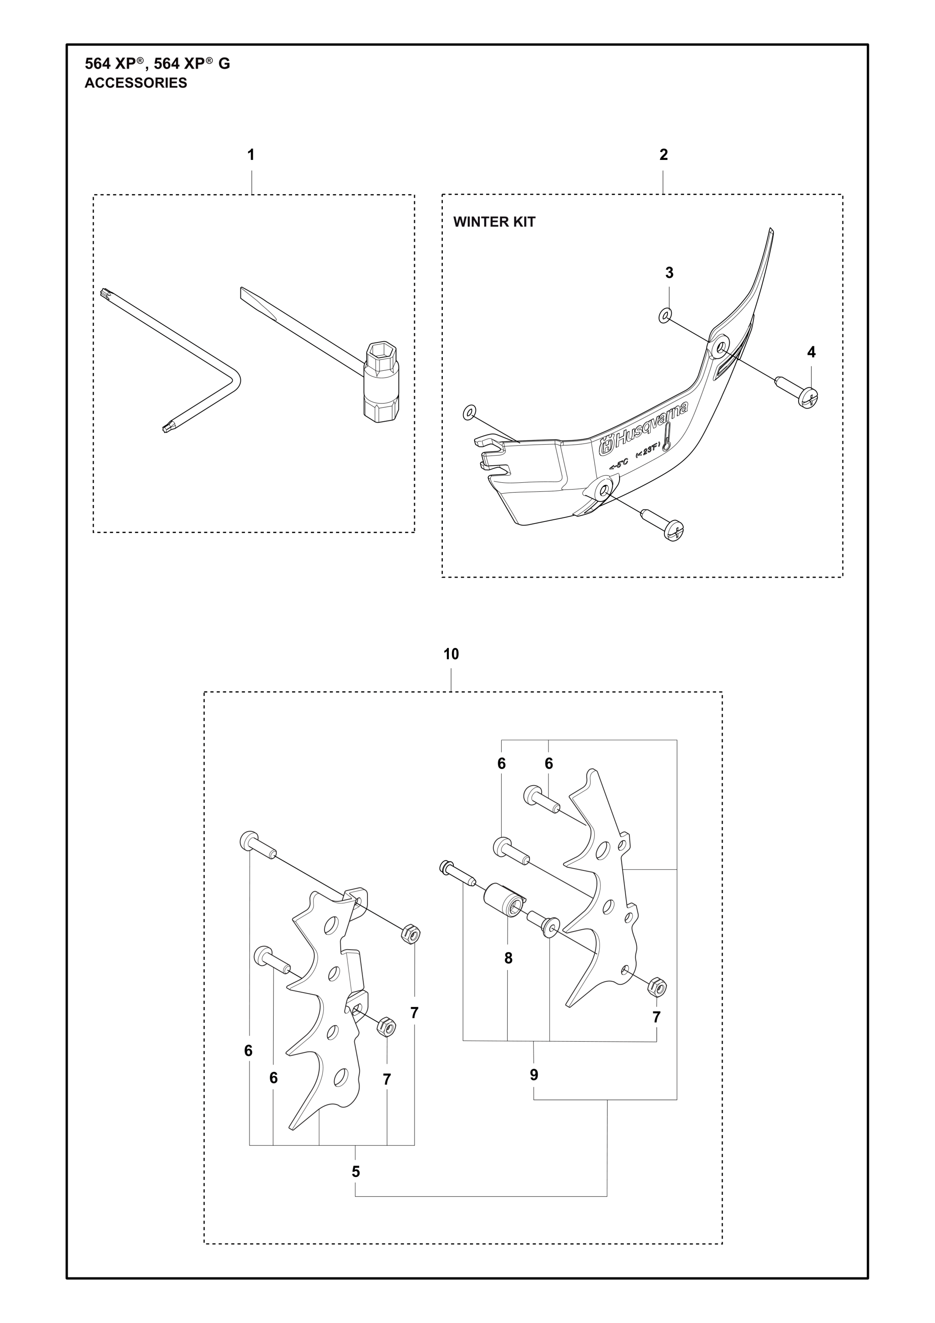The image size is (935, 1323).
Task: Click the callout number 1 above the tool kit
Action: click(250, 155)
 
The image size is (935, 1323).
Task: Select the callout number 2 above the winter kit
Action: click(663, 155)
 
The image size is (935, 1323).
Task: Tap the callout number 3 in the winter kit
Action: click(669, 273)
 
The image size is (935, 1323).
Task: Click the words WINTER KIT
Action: click(494, 222)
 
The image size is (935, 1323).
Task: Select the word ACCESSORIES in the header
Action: click(136, 83)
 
